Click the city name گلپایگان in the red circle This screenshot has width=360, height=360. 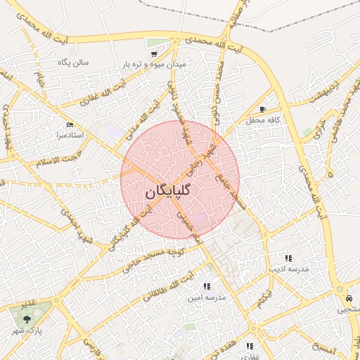click(x=172, y=192)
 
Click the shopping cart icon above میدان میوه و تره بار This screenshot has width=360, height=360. click(x=153, y=53)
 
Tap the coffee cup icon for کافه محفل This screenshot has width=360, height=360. click(x=262, y=110)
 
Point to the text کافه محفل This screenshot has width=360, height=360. click(x=263, y=120)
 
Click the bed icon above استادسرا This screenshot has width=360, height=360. click(x=69, y=124)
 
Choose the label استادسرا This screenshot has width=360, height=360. click(x=69, y=134)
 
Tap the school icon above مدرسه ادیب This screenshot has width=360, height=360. click(x=288, y=258)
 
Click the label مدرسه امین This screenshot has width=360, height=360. click(x=206, y=297)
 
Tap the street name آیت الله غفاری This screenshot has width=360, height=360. click(x=108, y=92)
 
